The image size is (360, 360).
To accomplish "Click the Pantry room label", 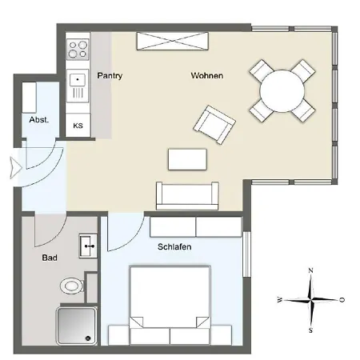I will [110, 75].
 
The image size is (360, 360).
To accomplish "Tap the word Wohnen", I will [206, 76].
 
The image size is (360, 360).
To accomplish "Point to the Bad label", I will [50, 258].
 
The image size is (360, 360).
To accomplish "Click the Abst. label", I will [39, 119].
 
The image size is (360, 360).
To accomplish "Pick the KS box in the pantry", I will [78, 126].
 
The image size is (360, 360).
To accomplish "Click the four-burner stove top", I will [78, 50].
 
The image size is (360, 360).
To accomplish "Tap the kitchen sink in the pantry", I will [78, 80].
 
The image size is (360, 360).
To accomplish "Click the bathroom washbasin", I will [87, 245].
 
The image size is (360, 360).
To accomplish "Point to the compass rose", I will [311, 300].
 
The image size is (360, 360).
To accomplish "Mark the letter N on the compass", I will [310, 270].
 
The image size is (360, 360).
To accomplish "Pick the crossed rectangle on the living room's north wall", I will [173, 41].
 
